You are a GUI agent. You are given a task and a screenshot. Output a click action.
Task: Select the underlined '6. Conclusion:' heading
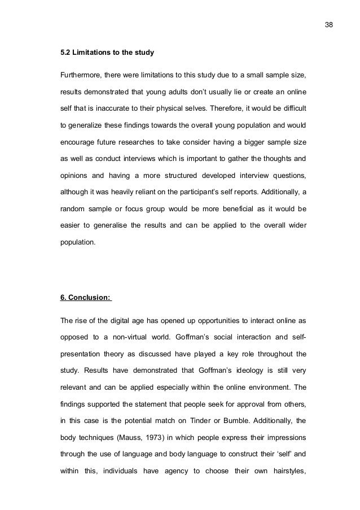[x=86, y=299]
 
